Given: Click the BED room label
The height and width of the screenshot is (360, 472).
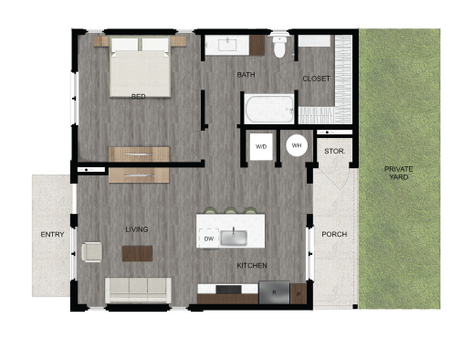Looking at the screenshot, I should (139, 96).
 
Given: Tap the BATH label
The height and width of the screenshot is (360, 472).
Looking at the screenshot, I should (246, 75).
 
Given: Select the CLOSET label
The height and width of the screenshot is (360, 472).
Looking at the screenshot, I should (315, 79).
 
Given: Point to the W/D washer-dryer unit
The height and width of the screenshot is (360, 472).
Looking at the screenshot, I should (261, 146).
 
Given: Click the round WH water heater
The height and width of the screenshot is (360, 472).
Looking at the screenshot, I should (297, 145).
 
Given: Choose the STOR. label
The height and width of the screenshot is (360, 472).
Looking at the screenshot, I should (334, 152).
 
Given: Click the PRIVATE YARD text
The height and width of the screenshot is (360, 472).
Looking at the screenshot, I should (398, 173).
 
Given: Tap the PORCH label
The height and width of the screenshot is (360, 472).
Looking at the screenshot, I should (334, 235).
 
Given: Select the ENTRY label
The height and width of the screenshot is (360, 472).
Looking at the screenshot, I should (52, 235).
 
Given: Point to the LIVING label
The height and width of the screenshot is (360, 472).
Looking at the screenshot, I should (137, 229).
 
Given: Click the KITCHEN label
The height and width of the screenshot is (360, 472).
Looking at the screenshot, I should (252, 266).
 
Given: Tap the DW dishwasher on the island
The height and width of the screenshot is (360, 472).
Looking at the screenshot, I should (208, 238).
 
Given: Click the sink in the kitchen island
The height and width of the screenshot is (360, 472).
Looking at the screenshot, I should (234, 238).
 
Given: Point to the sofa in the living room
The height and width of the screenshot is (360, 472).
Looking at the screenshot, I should (138, 290).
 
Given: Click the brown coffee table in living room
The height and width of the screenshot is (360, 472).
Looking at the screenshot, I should (137, 253).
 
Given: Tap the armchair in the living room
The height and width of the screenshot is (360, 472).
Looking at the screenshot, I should (91, 251).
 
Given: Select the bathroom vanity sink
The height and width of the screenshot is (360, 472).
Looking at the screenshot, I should (223, 43).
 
